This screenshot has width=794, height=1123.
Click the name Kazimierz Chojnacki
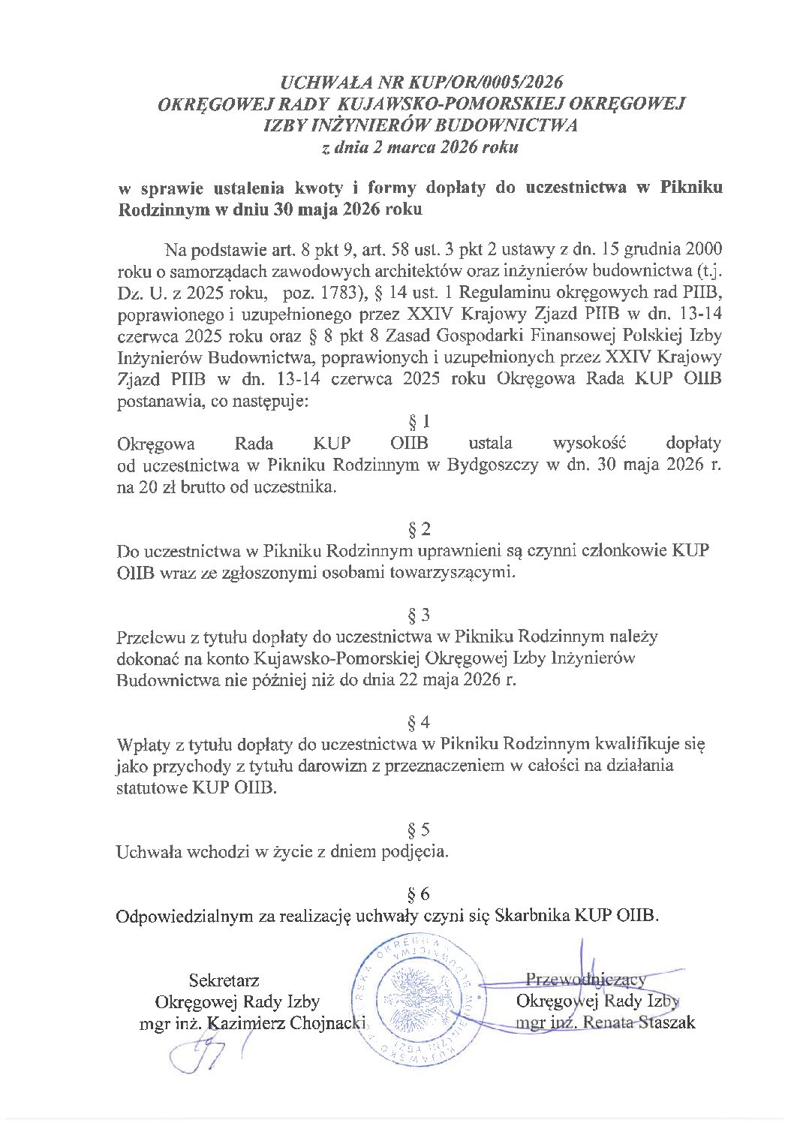286,1023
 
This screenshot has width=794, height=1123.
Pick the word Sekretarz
224,980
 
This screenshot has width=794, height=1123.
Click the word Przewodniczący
586,980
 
